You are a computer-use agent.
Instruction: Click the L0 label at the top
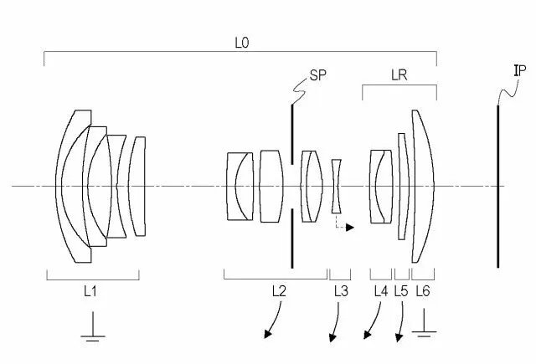click(242, 43)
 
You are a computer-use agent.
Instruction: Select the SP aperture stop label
click(318, 75)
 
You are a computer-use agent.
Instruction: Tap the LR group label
click(399, 75)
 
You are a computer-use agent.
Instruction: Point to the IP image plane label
click(520, 70)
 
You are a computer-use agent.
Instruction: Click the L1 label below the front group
click(90, 291)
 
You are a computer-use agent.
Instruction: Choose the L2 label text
click(279, 291)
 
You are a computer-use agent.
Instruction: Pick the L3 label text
click(341, 291)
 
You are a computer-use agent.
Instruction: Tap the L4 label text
click(381, 291)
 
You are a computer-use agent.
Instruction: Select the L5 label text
click(401, 291)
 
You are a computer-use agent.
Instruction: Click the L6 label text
click(423, 291)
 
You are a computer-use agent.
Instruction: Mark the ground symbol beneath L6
click(424, 323)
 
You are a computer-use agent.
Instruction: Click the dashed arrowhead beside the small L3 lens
click(350, 227)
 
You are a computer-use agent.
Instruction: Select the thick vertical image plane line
click(497, 187)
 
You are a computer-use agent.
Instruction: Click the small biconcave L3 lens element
click(337, 187)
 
